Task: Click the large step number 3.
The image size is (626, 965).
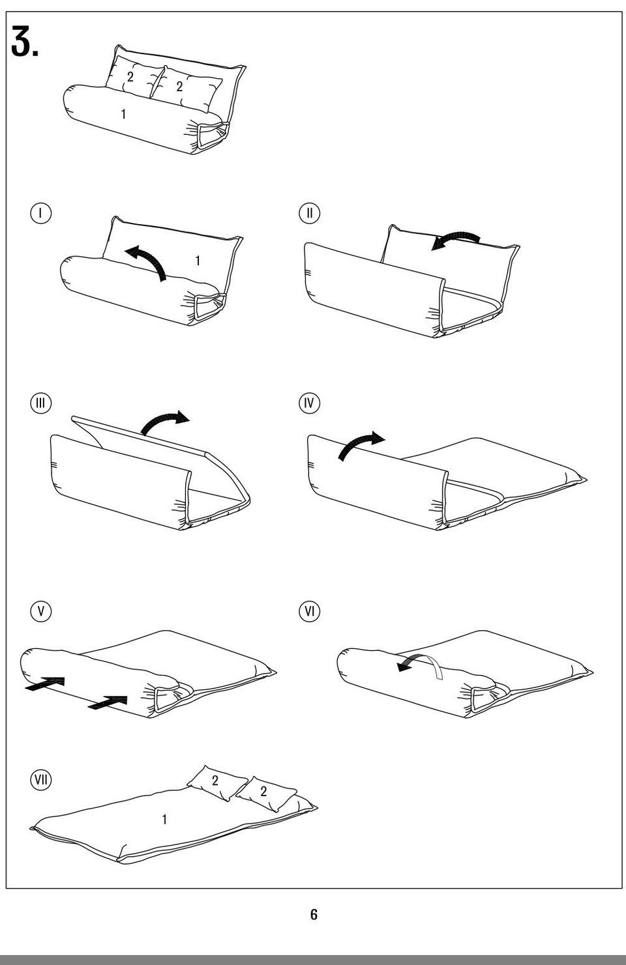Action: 25,41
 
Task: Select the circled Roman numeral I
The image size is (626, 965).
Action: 41,213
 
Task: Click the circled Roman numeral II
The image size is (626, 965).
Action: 309,213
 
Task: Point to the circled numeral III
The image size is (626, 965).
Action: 41,403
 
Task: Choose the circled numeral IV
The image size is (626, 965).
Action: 309,403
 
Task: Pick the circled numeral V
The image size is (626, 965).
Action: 41,611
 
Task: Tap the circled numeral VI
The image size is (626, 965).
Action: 309,611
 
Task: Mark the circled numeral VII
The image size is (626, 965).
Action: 41,780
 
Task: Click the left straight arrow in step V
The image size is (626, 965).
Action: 45,684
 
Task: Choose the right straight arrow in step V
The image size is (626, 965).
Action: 108,702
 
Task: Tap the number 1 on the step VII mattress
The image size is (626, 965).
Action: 164,819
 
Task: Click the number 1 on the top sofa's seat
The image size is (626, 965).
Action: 123,114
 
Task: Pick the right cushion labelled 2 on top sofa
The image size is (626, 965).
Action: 186,88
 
